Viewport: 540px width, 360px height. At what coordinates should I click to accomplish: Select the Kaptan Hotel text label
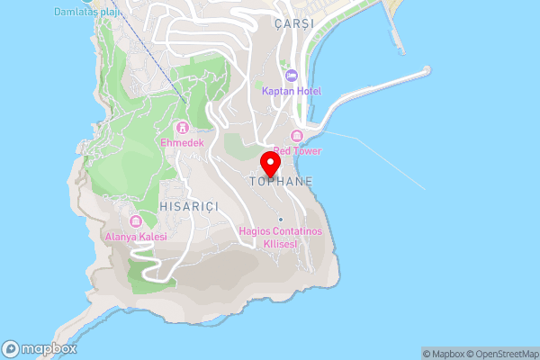pos(292,91)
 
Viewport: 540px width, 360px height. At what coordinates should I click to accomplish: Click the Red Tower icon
pos(297,136)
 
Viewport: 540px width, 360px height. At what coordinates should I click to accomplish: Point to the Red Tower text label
pos(297,151)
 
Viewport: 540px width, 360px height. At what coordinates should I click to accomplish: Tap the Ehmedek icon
pos(183,127)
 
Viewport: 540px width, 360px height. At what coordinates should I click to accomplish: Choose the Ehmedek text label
pos(183,142)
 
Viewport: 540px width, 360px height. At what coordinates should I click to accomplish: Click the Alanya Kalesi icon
pos(136,221)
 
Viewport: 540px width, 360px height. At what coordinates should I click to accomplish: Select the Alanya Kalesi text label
pos(136,237)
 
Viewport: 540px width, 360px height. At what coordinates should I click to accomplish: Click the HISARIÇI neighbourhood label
pos(189,206)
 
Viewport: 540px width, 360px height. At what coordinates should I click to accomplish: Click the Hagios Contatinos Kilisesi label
pos(281,237)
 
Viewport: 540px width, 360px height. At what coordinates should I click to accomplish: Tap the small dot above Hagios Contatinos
pos(281,220)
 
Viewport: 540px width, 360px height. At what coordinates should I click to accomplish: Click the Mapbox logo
pos(40,348)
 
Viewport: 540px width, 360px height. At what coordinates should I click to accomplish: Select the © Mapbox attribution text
pos(443,354)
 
